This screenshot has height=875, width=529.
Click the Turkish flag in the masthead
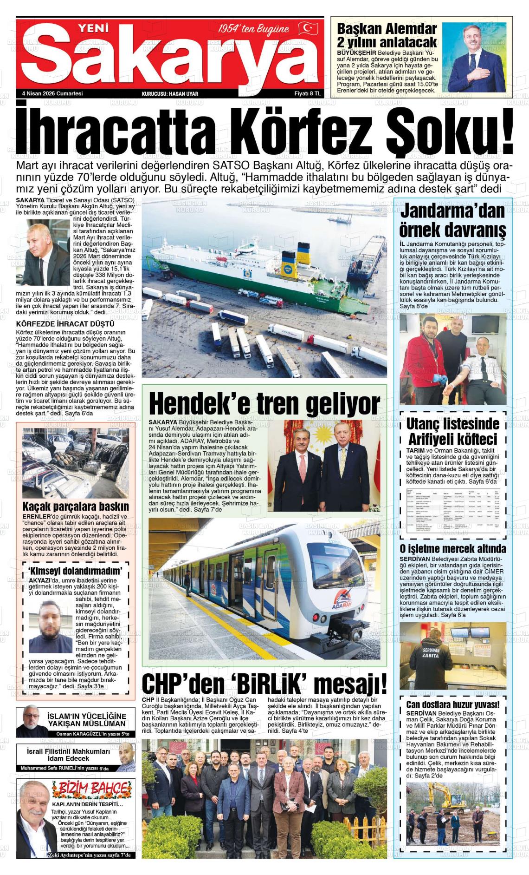point(307,28)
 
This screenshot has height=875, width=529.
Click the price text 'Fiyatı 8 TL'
point(308,93)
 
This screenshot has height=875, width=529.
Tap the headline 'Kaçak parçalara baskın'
point(76,506)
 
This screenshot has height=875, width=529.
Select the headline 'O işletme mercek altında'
point(453,549)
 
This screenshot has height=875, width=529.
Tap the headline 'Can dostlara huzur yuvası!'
point(453,705)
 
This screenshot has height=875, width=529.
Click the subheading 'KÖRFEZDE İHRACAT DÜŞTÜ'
point(65,323)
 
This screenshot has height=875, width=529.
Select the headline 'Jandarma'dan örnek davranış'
point(452,220)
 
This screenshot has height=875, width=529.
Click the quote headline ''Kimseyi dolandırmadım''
point(75,571)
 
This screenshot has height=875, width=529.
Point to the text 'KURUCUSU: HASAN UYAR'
point(170,94)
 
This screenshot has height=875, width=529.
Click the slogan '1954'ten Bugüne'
point(254,29)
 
